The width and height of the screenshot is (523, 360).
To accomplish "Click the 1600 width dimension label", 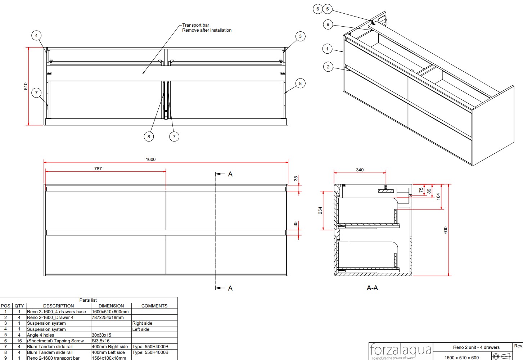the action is (x=150, y=159).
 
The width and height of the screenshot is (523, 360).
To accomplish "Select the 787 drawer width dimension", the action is (x=98, y=169).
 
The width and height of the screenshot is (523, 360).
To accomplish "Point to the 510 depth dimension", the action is (x=26, y=86).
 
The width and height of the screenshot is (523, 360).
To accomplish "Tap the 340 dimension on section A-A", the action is (x=360, y=170).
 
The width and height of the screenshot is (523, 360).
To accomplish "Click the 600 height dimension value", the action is (x=446, y=230).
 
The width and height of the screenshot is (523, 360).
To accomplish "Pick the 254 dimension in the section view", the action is (x=320, y=210).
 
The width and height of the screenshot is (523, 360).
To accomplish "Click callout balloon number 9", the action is (x=328, y=24).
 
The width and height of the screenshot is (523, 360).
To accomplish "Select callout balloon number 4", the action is (x=36, y=36).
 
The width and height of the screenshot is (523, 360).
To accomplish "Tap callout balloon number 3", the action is (x=300, y=36).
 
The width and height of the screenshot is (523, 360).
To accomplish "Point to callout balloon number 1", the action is (x=327, y=49).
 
